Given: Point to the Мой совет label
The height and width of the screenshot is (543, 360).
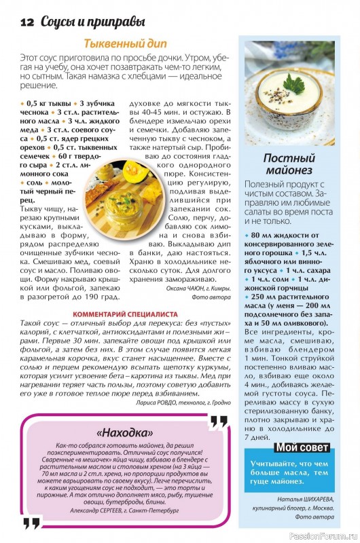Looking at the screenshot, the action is pos(302,448).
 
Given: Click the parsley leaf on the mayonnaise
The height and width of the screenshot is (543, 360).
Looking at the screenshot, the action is pos(294,83).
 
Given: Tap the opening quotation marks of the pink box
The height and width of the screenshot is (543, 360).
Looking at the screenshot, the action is pos(33,521).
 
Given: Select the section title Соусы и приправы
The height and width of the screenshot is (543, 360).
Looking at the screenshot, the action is pos(76,21).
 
